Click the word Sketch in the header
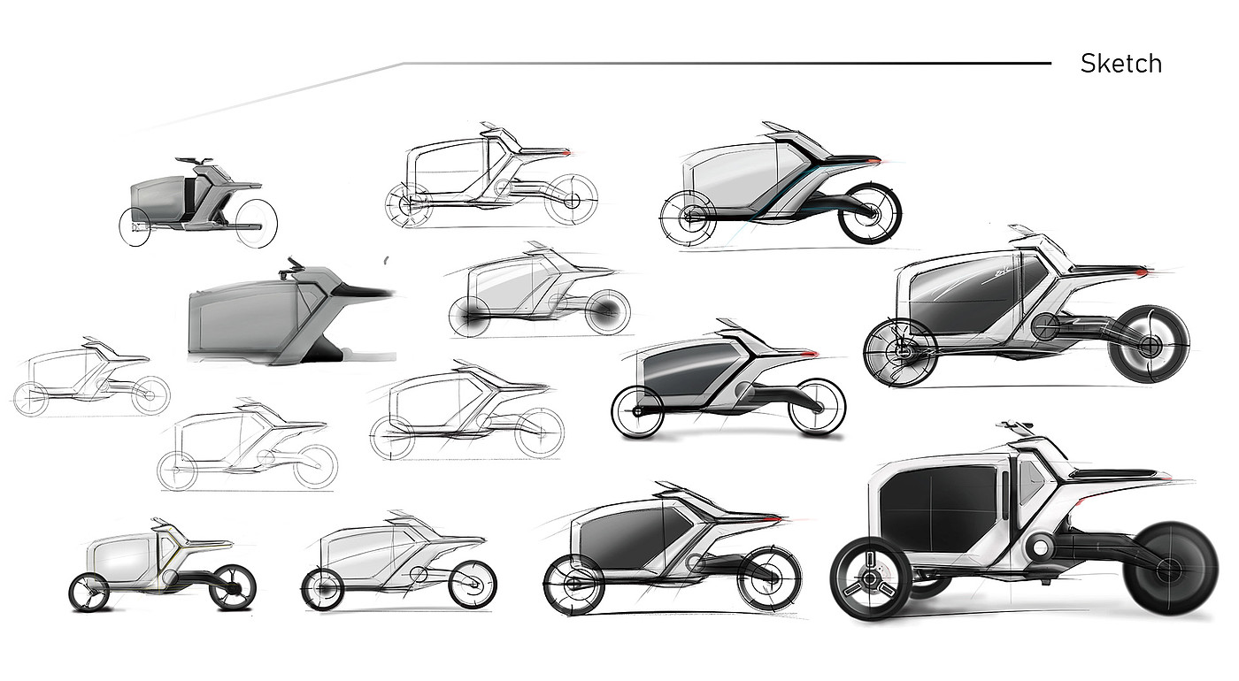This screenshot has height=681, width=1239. click(x=1120, y=64)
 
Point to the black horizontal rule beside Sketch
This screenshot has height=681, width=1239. click(x=726, y=64)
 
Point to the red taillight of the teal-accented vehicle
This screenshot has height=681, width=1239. click(x=875, y=159)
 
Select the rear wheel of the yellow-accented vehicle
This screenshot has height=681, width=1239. click(x=233, y=587)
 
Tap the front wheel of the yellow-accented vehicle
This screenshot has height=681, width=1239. click(x=89, y=591)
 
